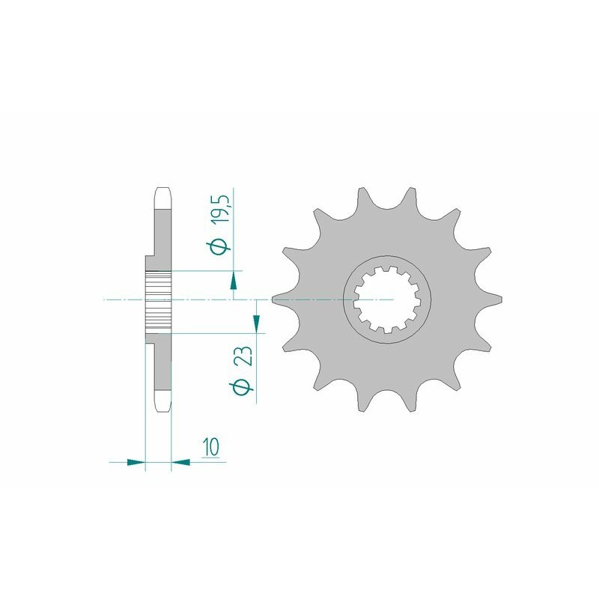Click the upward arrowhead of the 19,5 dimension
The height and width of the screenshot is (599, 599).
point(234,281)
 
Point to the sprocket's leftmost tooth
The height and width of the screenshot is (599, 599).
point(279,299)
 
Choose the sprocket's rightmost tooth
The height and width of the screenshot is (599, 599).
point(496,299)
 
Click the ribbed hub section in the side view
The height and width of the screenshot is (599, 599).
point(159,300)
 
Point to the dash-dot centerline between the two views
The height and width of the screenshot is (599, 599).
point(225,299)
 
